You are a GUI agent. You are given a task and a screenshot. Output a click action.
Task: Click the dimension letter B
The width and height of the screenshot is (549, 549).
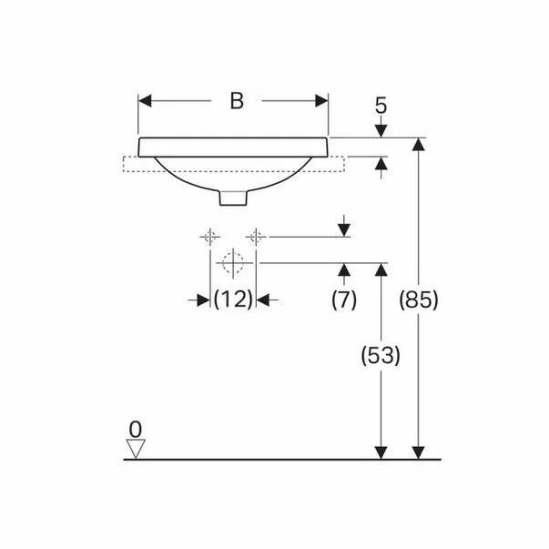(236, 101)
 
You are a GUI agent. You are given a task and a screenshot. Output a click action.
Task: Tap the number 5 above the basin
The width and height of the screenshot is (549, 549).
(381, 106)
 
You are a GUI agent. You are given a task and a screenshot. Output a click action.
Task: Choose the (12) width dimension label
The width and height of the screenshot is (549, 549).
(232, 299)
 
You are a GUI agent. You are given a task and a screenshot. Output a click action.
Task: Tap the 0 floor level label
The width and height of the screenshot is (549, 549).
(137, 427)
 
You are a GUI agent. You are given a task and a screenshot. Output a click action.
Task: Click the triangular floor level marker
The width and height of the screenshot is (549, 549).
(137, 448)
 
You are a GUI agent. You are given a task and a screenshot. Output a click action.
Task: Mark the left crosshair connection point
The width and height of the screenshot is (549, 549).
(209, 237)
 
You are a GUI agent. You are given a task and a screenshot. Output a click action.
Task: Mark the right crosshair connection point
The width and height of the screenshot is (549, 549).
(258, 237)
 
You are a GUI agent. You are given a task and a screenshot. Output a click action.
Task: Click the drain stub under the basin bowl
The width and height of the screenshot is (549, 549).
(233, 197)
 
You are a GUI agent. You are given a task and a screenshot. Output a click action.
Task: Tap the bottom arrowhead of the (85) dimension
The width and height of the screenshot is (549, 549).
(419, 452)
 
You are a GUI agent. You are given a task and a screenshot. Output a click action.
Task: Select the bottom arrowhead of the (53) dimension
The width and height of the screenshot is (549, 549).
(381, 452)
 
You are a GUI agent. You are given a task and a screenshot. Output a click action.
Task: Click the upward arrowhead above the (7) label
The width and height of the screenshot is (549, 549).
(343, 270)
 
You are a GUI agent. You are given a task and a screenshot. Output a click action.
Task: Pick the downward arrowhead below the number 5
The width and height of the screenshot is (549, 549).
(381, 131)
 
